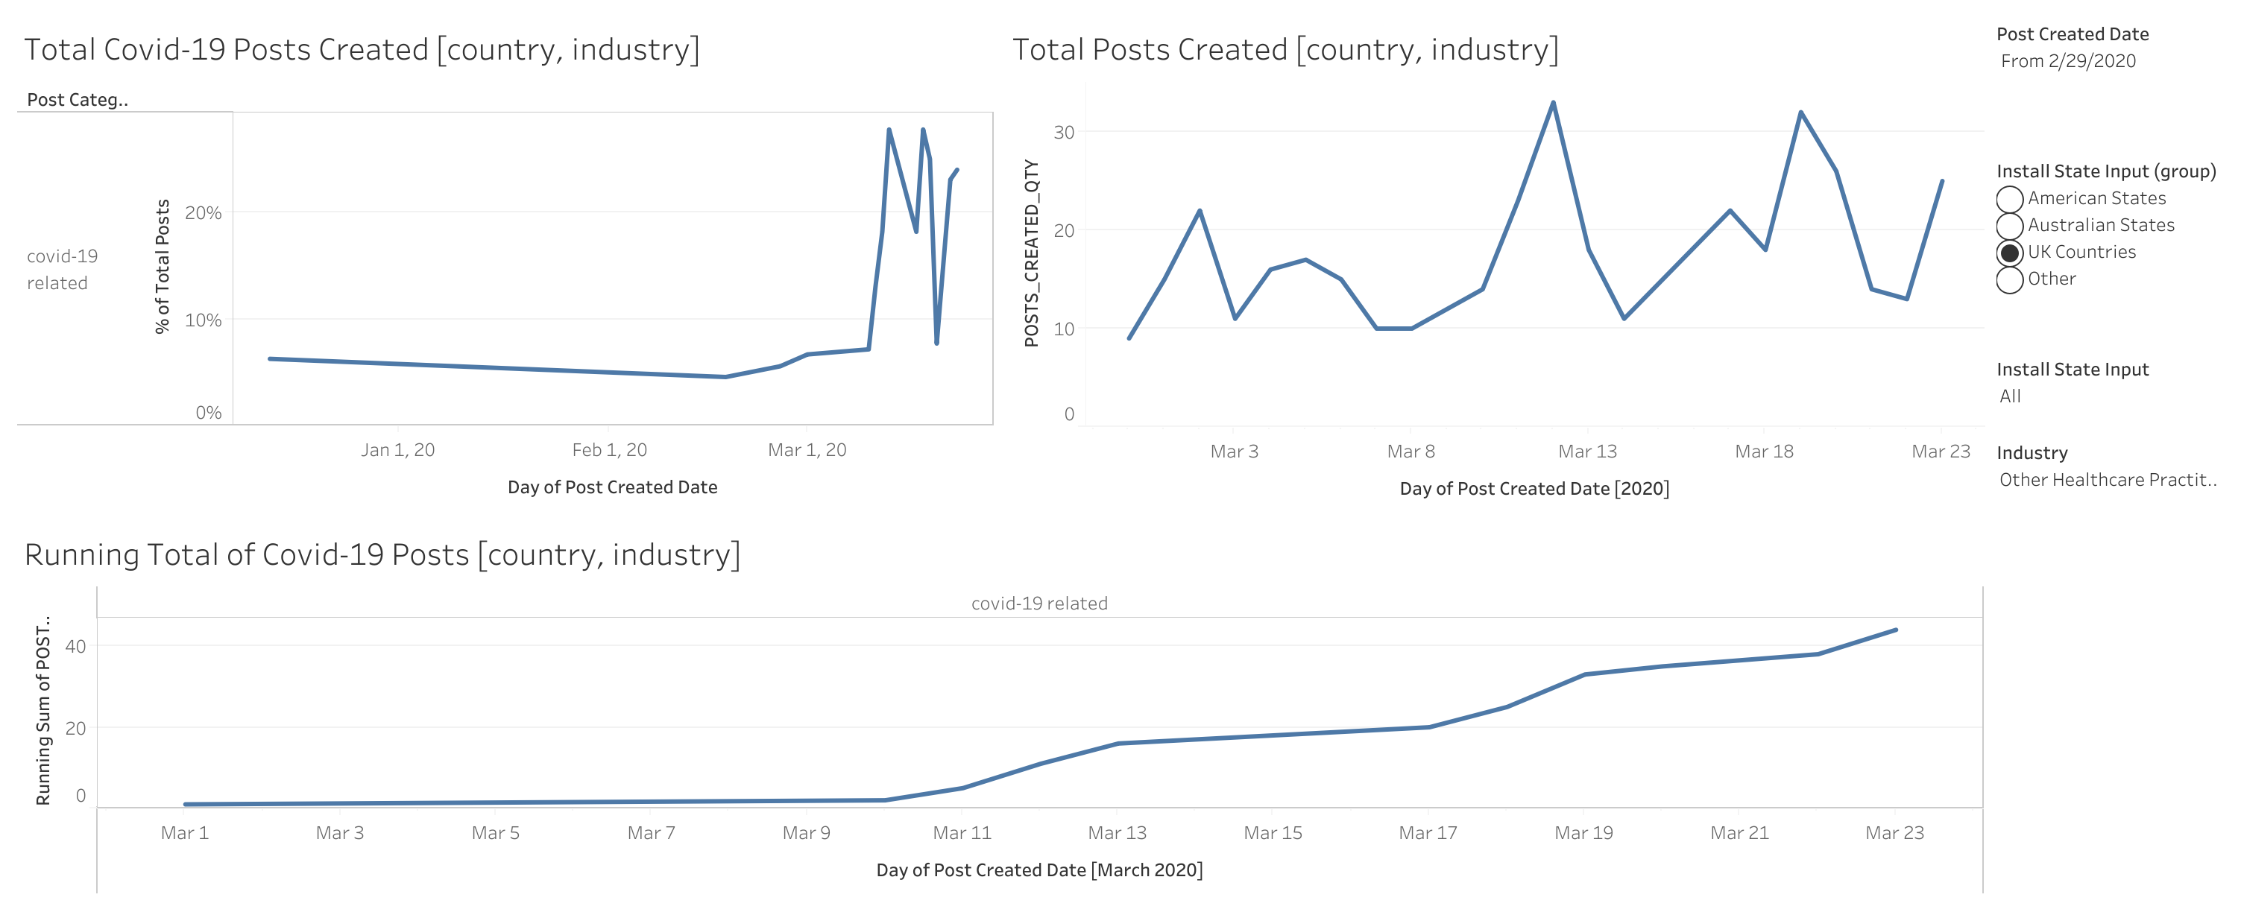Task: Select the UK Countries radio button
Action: pyautogui.click(x=2008, y=253)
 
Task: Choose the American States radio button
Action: pyautogui.click(x=2008, y=199)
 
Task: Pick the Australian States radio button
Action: pyautogui.click(x=2008, y=226)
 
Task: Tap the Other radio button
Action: pyautogui.click(x=2008, y=280)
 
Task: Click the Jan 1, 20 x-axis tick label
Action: pyautogui.click(x=397, y=450)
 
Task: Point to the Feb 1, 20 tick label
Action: pyautogui.click(x=609, y=450)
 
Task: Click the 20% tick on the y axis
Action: pyautogui.click(x=203, y=213)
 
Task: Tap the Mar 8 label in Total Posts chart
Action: pyautogui.click(x=1411, y=452)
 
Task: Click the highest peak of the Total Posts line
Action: pyautogui.click(x=1553, y=104)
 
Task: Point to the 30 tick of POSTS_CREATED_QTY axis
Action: pyautogui.click(x=1063, y=132)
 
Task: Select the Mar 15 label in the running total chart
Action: pyautogui.click(x=1272, y=834)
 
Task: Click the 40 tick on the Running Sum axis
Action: pyautogui.click(x=76, y=646)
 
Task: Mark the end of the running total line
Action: pyautogui.click(x=1896, y=630)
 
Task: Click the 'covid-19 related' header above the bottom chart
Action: pyautogui.click(x=1038, y=604)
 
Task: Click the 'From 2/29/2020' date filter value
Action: pyautogui.click(x=2067, y=61)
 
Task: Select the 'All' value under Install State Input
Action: pyautogui.click(x=2010, y=396)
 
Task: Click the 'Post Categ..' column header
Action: pyautogui.click(x=78, y=100)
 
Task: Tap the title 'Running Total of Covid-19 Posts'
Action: pyautogui.click(x=382, y=554)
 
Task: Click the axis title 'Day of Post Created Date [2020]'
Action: pyautogui.click(x=1534, y=490)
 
